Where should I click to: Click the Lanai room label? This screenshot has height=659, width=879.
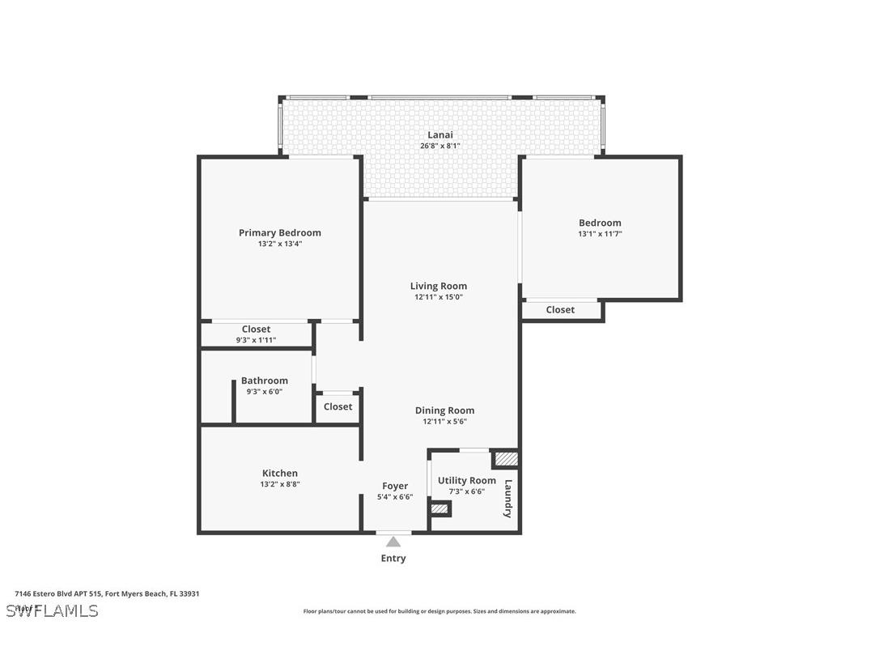(440, 135)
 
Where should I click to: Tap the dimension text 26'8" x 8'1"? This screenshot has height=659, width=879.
(440, 147)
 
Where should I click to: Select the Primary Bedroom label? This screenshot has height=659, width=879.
(279, 233)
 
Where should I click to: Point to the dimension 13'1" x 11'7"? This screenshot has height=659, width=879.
(600, 234)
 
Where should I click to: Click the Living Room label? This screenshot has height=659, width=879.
(438, 286)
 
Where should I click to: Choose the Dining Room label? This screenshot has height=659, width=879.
(444, 410)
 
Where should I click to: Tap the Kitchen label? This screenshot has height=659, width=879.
(279, 474)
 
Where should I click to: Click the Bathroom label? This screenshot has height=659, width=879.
(264, 381)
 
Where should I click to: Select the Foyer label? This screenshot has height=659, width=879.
(395, 487)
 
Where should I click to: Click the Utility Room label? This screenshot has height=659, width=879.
(466, 481)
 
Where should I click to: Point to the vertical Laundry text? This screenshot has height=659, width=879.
(508, 499)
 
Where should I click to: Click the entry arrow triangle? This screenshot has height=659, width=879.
(393, 542)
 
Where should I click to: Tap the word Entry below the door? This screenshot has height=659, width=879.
(393, 559)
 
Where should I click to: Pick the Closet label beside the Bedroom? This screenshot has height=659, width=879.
(560, 310)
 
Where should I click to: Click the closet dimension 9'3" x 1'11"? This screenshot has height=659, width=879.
(256, 340)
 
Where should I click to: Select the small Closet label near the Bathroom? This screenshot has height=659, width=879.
(338, 406)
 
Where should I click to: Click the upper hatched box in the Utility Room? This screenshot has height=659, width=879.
(506, 459)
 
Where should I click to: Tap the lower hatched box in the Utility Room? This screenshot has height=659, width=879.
(439, 509)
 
